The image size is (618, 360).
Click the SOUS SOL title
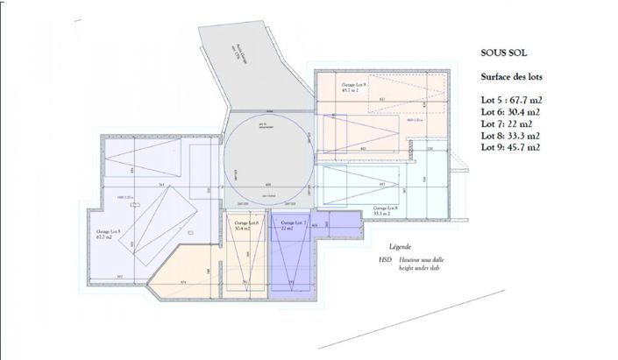502,53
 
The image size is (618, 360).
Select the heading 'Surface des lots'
511,77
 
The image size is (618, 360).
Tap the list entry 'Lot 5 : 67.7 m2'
511,101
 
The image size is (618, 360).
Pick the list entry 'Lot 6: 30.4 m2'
510,112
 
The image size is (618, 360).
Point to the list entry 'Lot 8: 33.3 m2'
510,136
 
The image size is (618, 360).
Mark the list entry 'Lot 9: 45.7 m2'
510,148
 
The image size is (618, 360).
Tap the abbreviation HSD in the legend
385,260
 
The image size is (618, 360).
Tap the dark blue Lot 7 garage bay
293,258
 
